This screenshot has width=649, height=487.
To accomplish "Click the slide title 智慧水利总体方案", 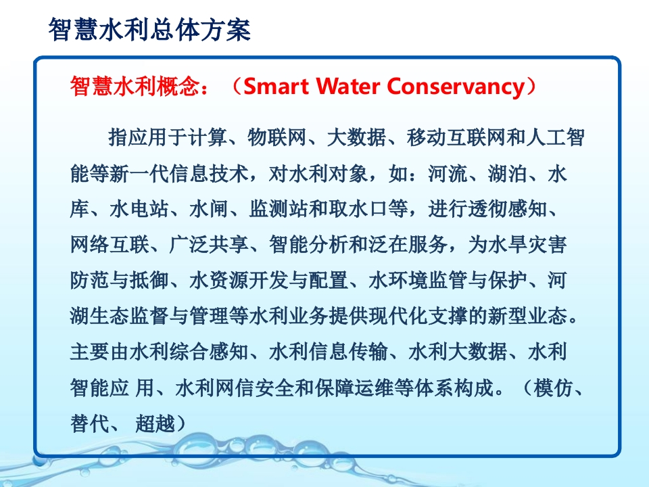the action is tap(149, 30).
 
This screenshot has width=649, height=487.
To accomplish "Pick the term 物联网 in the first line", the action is tap(277, 137).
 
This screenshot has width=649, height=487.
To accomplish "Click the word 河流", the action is tap(448, 174).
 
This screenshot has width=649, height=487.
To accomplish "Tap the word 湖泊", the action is tap(508, 174).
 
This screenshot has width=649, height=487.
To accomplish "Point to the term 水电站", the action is tap(139, 209).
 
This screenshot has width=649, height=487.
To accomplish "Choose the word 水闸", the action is tap(209, 209).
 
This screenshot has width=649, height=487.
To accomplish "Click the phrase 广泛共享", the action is tap(209, 245).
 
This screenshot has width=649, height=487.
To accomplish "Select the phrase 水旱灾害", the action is tap(527, 245).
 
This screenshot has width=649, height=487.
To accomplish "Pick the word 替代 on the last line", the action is tap(89, 423).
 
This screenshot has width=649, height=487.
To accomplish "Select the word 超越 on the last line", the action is tap(155, 423).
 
